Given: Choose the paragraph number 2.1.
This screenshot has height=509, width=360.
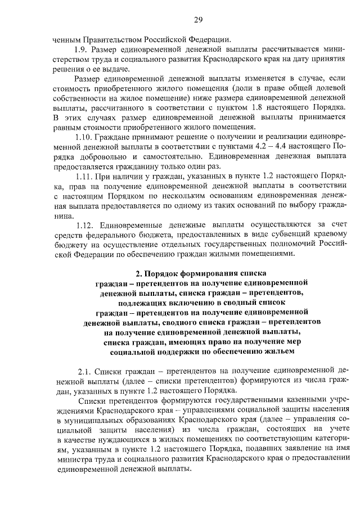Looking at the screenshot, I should tap(84, 371).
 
